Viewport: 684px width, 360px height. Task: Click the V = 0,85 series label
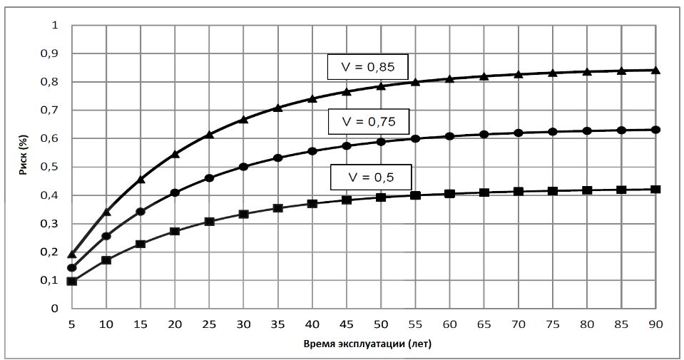367,68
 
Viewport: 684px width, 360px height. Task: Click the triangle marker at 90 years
655,70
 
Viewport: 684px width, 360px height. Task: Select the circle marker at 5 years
71,268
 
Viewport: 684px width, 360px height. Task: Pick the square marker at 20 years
175,231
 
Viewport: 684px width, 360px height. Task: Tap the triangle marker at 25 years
209,135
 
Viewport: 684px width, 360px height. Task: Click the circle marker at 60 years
449,136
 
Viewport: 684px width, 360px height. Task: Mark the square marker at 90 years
655,190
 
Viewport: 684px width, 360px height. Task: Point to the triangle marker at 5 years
71,254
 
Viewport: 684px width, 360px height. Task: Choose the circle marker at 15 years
141,212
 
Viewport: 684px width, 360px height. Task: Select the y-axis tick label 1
55,26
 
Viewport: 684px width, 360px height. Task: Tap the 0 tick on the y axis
54,309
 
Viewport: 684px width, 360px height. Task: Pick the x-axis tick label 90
655,324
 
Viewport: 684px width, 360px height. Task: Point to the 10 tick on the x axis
106,324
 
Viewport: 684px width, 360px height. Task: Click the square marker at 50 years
381,197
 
